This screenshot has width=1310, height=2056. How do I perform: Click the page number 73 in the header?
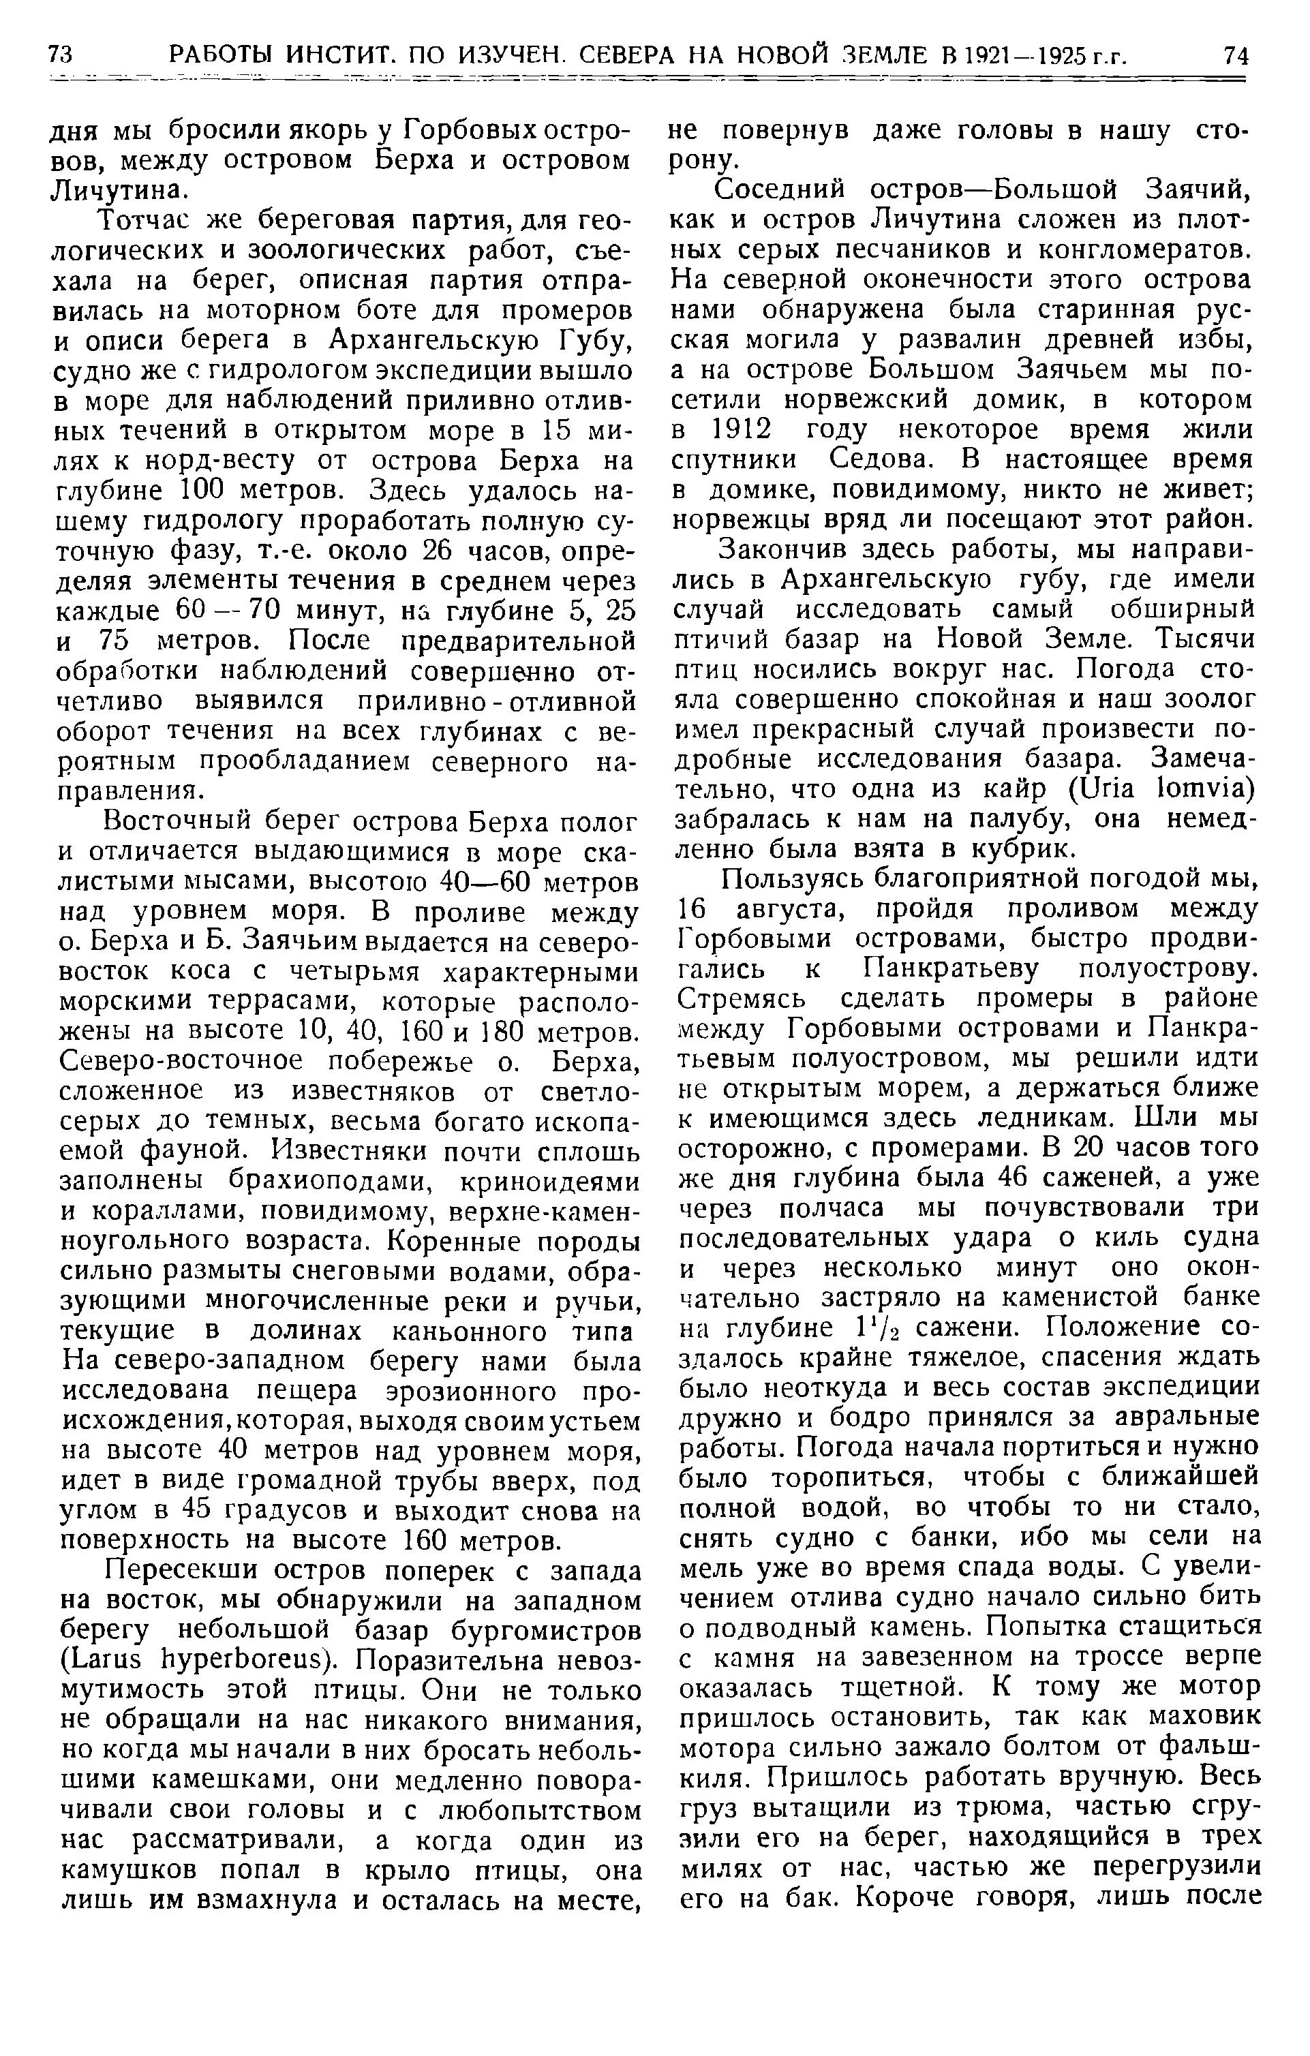tap(61, 57)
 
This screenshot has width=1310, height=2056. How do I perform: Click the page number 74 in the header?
tap(1236, 57)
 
